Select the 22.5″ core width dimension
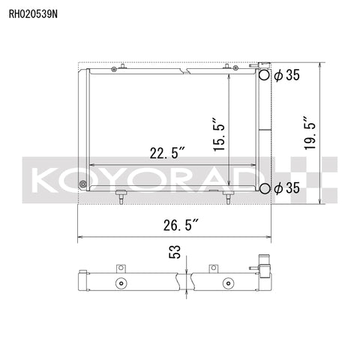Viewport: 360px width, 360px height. pos(166,153)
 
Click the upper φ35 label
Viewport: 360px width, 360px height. pos(286,76)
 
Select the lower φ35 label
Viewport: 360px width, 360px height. pos(286,187)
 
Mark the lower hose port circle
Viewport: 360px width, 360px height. pos(265,187)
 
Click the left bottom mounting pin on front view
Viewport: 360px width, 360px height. pos(119,197)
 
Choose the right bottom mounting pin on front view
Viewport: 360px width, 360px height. pos(226,197)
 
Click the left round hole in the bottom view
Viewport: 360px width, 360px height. pos(119,284)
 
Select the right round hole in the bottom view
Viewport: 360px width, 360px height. pos(226,284)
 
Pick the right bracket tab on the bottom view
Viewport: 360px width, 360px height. pos(213,268)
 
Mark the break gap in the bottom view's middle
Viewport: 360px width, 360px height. pos(185,283)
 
